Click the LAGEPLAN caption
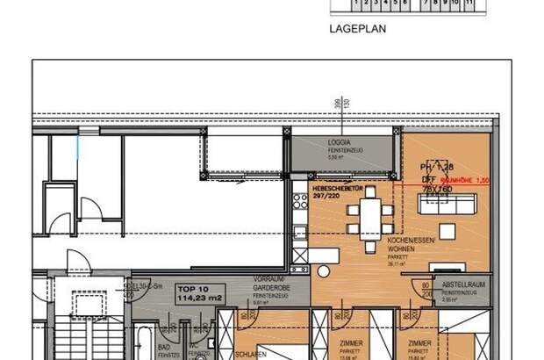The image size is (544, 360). tap(357, 28)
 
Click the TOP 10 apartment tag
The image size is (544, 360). tap(191, 287)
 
